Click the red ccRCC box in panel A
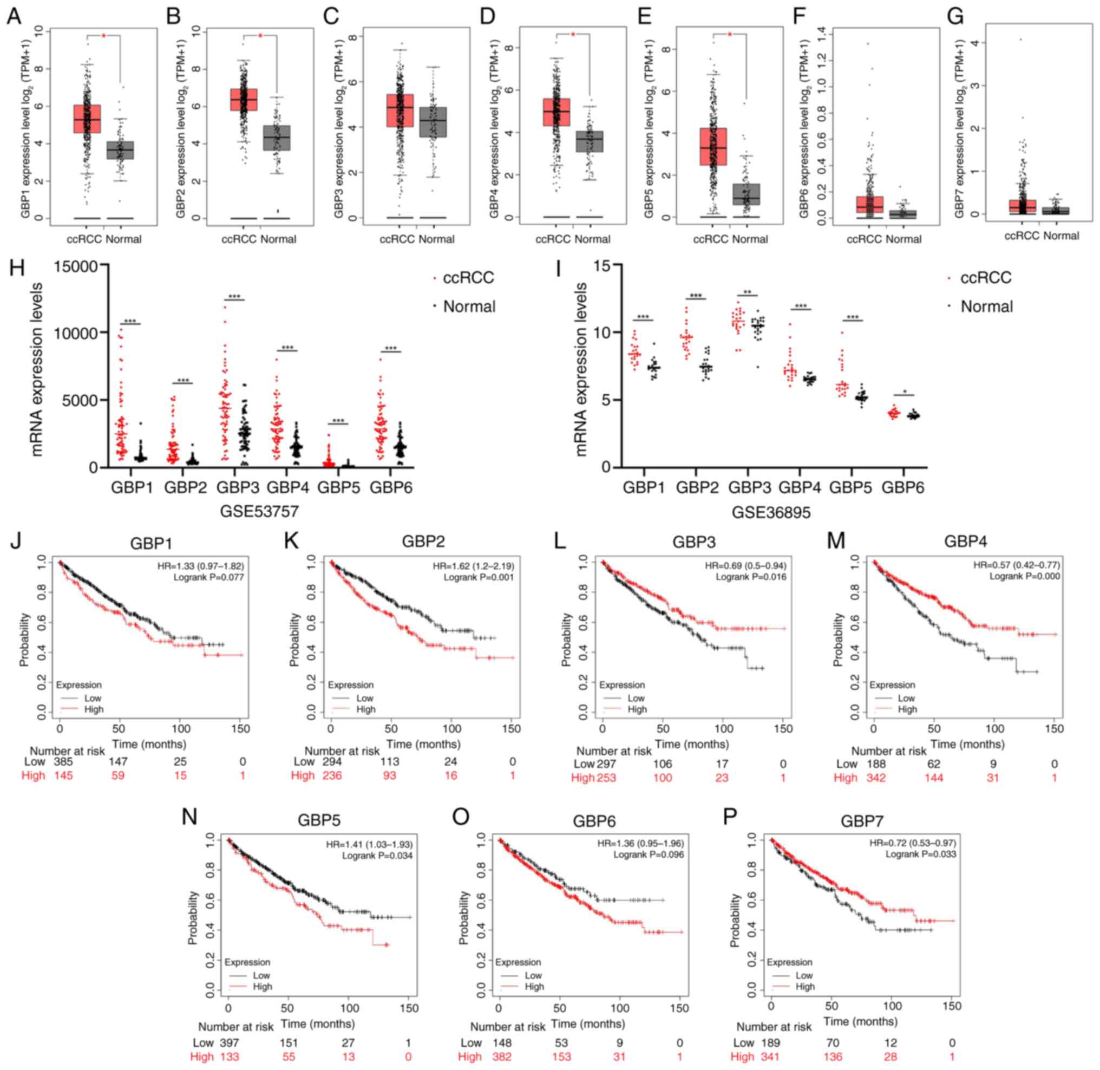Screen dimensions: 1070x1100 coord(87,119)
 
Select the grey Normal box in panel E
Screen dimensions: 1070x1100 coord(746,194)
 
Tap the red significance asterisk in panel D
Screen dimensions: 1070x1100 coord(573,35)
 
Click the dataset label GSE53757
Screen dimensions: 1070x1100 coord(259,511)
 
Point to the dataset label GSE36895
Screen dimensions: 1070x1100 coord(771,511)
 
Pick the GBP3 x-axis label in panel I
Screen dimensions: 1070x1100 coord(749,487)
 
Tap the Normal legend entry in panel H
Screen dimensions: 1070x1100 coord(469,307)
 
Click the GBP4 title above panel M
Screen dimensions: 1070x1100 coord(965,541)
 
